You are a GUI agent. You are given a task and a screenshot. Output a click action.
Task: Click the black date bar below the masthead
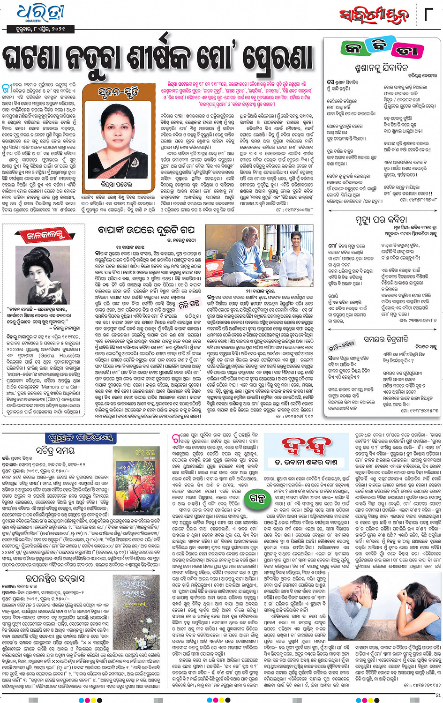point(41,29)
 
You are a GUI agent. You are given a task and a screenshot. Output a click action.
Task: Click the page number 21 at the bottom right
point(438,695)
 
